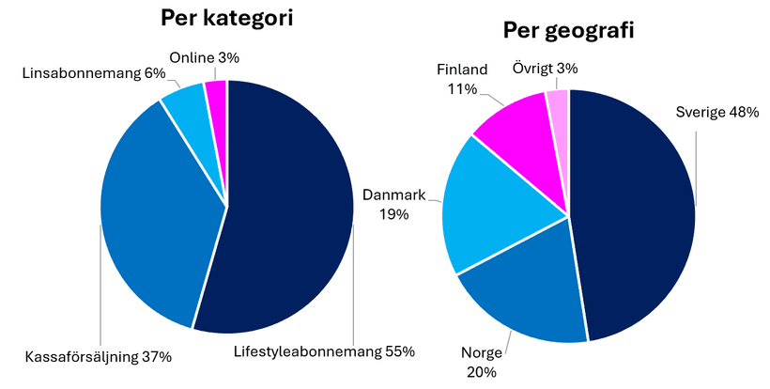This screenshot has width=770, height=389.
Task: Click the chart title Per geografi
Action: (568, 31)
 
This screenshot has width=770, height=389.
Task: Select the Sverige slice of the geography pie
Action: (639, 216)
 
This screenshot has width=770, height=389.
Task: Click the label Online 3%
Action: (204, 57)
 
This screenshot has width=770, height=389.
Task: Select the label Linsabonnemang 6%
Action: (93, 72)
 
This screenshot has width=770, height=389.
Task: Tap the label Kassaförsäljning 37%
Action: (99, 357)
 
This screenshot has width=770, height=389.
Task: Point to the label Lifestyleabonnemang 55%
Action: (324, 352)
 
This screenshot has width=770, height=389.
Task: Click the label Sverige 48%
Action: (716, 113)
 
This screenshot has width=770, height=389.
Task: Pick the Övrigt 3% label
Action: (545, 68)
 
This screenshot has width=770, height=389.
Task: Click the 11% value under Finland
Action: (462, 89)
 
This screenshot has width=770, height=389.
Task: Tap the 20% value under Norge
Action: (481, 372)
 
